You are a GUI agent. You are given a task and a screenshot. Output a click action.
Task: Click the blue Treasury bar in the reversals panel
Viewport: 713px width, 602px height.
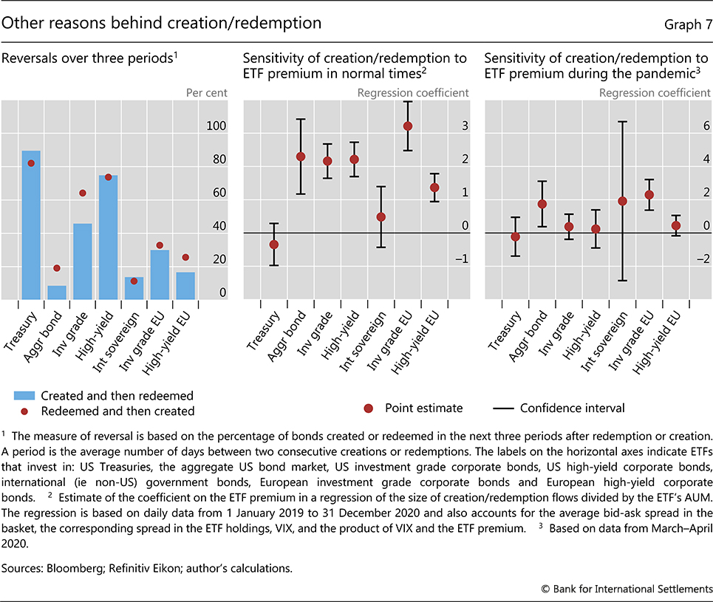[31, 225]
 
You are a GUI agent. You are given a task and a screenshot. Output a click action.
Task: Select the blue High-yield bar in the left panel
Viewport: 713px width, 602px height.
[108, 237]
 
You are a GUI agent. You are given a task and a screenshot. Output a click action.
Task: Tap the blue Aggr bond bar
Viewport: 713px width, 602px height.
[57, 293]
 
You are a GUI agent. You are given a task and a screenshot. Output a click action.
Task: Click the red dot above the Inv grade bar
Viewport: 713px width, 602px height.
[83, 194]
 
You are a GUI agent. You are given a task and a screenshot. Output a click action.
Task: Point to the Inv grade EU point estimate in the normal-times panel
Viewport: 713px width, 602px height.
[407, 126]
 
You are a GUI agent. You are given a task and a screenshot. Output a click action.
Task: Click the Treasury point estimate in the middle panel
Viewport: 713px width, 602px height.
[274, 244]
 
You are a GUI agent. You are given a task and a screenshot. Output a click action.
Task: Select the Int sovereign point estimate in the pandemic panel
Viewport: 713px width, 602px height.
[622, 201]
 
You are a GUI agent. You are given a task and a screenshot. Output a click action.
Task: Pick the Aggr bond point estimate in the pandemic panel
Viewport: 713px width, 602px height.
[542, 204]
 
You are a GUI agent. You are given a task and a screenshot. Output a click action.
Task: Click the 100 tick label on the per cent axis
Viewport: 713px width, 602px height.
[216, 126]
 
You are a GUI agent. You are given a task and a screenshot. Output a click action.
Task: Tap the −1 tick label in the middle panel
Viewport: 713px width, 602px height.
[462, 259]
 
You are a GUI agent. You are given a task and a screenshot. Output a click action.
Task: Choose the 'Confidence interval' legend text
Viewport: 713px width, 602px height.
[572, 408]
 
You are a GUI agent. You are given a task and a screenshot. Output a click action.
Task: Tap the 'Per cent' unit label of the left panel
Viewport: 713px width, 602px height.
[206, 93]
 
